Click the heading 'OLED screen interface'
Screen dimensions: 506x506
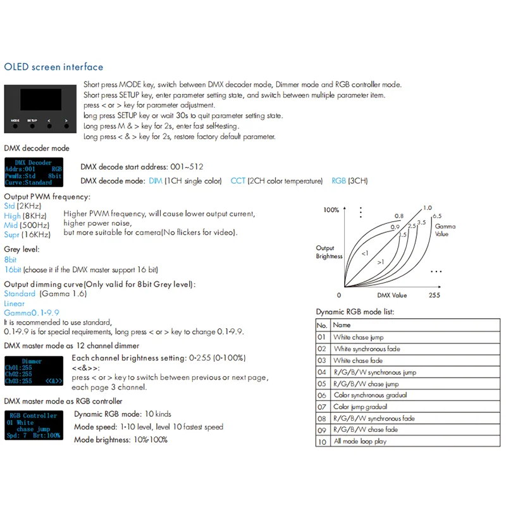[x=53, y=67]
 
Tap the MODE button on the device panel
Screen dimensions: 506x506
[x=15, y=125]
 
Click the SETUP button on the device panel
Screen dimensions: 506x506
[x=32, y=125]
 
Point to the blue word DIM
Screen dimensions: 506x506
[x=155, y=181]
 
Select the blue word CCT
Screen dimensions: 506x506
[x=238, y=181]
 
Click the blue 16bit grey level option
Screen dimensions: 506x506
[x=13, y=269]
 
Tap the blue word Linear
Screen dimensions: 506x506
[x=15, y=304]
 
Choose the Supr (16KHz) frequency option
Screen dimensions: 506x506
[x=27, y=235]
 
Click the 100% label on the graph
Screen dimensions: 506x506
[x=331, y=209]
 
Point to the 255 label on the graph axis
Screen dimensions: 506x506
[x=433, y=295]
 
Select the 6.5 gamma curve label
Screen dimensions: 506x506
[x=436, y=216]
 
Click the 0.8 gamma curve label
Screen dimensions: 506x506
[x=399, y=216]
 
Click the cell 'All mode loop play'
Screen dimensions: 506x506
[x=360, y=441]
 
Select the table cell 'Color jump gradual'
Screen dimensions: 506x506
[x=361, y=407]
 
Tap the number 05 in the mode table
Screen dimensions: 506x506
[x=322, y=383]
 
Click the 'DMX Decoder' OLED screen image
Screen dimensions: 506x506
[x=34, y=172]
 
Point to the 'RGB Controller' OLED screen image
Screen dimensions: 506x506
[x=34, y=426]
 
